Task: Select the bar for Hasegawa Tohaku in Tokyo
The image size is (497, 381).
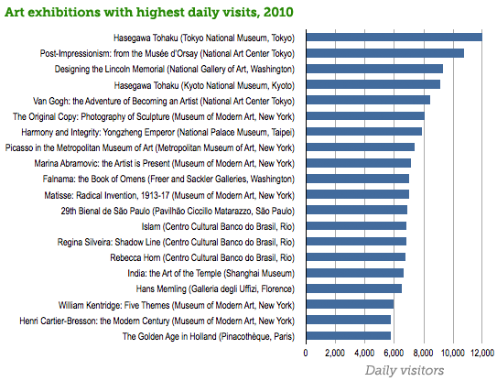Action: coord(394,38)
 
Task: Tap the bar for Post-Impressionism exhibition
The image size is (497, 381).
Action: coord(384,53)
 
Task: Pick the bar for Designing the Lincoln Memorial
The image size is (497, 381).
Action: coord(374,69)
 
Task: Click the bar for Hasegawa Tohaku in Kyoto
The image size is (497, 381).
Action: coord(373,84)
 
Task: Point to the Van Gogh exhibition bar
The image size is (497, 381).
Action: coord(368,100)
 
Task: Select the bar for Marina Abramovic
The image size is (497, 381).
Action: coord(358,163)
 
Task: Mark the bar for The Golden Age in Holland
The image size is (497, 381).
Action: coord(348,336)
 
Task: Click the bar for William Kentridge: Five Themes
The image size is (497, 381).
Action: coord(350,304)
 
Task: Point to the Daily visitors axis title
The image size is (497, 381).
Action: coord(405,370)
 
